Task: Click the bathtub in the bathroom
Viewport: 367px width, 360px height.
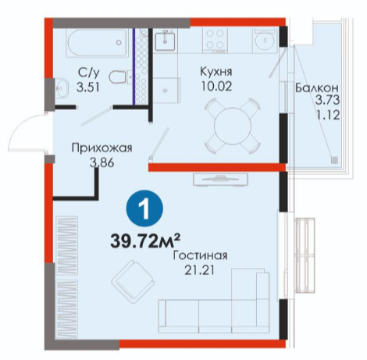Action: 98,43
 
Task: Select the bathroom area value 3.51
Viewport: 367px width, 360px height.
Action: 88,87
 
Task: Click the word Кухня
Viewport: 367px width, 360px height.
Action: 216,71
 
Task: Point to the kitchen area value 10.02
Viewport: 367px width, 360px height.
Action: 216,86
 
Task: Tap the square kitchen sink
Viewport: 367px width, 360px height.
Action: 165,40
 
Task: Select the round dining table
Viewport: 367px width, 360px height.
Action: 233,126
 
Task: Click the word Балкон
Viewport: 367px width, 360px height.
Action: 317,88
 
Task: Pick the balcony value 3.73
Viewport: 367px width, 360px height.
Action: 328,100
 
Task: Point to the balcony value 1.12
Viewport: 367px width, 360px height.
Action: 328,115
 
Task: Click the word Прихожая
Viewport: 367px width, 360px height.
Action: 102,148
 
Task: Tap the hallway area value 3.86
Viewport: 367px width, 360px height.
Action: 102,163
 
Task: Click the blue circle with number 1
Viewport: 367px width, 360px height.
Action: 144,209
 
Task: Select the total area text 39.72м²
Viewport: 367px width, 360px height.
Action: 145,241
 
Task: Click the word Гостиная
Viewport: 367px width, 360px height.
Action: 200,255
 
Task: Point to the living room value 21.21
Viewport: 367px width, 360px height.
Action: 200,271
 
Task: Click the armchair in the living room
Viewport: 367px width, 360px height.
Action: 134,281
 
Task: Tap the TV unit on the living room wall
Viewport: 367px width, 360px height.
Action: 220,180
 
